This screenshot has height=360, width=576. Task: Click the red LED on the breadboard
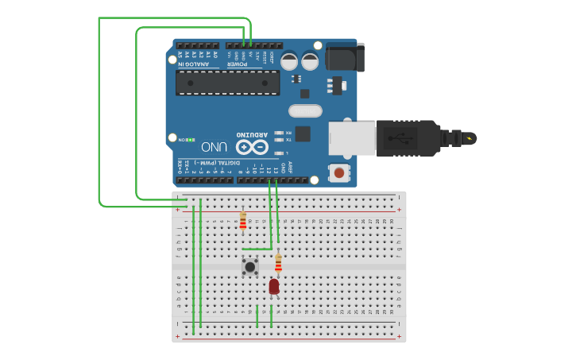point(274,286)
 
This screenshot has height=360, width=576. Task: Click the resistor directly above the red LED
point(278,262)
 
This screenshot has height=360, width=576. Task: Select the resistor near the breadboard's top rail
point(242,220)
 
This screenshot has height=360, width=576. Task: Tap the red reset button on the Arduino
point(339,172)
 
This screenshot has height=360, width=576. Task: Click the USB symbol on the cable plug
point(401,137)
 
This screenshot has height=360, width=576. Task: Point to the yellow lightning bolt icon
point(470,139)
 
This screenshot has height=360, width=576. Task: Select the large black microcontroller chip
point(228,82)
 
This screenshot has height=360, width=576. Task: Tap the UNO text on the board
point(215,147)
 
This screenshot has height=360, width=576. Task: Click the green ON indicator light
point(190,140)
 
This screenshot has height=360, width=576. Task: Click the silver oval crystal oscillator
point(305,110)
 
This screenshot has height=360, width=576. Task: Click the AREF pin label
point(289,166)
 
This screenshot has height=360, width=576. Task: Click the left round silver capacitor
point(289,61)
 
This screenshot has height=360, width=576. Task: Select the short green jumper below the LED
point(272,315)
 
